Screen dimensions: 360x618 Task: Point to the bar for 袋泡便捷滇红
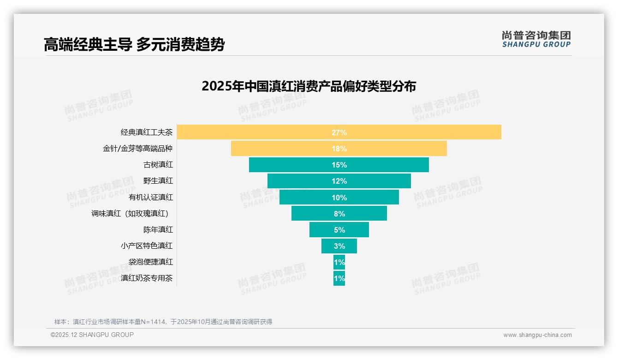(339, 262)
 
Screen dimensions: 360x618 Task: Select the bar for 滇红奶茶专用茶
(339, 278)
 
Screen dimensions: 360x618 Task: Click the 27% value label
(339, 132)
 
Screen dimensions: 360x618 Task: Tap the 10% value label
(339, 198)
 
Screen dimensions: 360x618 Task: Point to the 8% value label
(339, 214)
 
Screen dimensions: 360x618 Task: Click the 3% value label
(339, 246)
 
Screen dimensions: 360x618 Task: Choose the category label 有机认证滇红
(151, 197)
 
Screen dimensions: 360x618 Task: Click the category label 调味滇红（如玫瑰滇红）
(132, 213)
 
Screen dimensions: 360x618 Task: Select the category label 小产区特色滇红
(147, 246)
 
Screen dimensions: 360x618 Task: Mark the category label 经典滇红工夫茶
(147, 132)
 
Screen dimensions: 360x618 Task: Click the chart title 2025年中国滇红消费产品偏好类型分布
(309, 86)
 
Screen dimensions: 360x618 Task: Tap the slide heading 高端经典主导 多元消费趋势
(134, 44)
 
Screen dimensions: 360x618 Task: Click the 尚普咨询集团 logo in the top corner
(536, 39)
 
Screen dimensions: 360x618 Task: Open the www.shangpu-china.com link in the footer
(537, 335)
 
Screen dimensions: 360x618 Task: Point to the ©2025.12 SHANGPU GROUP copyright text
(92, 335)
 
